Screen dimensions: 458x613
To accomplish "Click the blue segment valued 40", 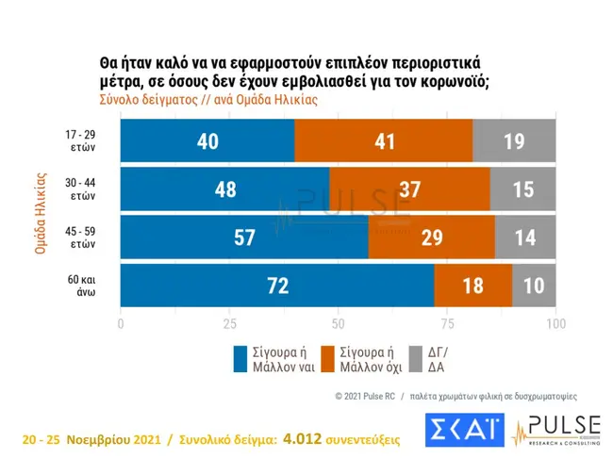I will click(207, 140).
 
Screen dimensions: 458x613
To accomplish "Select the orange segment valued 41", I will click(383, 140).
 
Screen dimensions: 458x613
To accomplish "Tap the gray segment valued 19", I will click(514, 140).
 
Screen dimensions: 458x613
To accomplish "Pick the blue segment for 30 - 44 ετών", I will click(224, 189).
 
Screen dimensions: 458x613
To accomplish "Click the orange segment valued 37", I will click(409, 189).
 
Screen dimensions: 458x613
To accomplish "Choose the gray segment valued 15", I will click(522, 189).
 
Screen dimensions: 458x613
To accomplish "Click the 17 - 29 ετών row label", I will click(80, 140).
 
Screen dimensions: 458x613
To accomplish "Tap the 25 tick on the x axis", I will click(229, 324).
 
